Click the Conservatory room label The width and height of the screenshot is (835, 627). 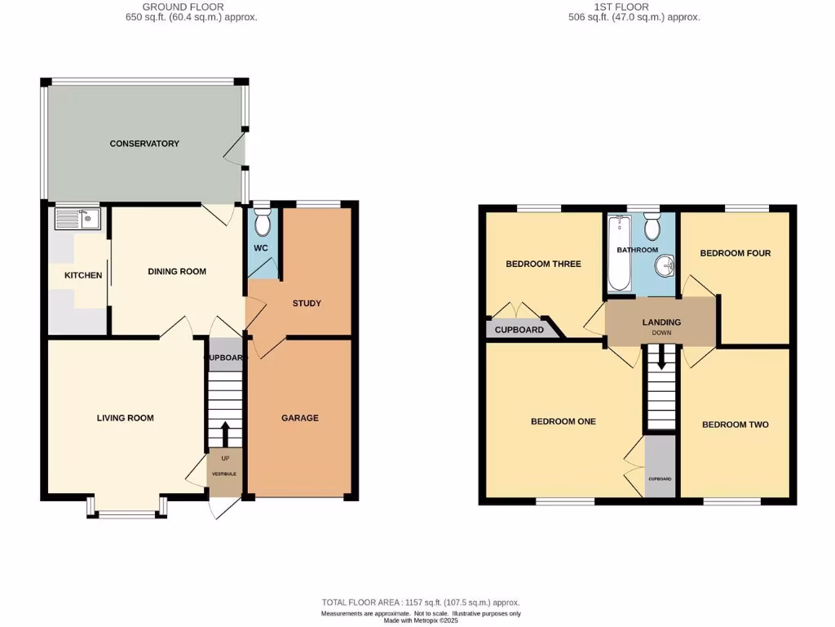[x=144, y=144]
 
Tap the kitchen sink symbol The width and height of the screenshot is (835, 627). [x=77, y=218]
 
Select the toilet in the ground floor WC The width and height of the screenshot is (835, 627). [x=263, y=221]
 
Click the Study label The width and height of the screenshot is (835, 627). [x=307, y=304]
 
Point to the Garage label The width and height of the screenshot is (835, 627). [x=300, y=418]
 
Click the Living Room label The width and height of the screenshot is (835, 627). [x=125, y=418]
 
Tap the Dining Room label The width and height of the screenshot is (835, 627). [x=177, y=272]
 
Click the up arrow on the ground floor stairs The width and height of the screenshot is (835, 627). [x=225, y=433]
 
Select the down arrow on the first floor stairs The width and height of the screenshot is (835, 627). [x=660, y=357]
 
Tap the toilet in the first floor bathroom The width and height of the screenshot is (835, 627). [x=652, y=225]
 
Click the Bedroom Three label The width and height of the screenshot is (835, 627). [x=543, y=264]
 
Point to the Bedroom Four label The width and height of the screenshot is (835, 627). [x=735, y=253]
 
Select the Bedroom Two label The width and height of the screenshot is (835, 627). [x=735, y=425]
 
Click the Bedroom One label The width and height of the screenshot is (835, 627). [x=563, y=421]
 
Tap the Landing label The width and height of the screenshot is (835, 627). [x=661, y=322]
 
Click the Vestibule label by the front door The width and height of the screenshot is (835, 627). [x=225, y=474]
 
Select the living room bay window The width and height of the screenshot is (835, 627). [x=126, y=514]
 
